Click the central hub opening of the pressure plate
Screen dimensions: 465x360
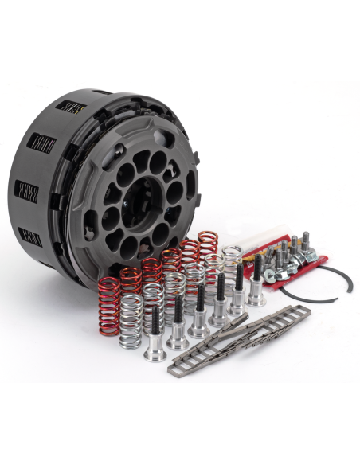point(141,195)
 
